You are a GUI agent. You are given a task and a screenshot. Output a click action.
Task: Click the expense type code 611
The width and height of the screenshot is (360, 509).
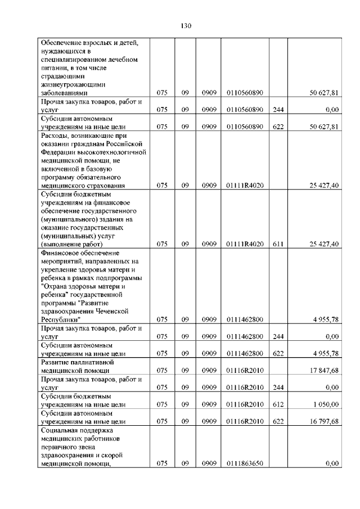(x=278, y=244)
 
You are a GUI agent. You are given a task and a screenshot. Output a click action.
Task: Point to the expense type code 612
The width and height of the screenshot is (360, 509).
(x=278, y=404)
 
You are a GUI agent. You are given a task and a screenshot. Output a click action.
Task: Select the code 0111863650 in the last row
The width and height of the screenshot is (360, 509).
(x=245, y=463)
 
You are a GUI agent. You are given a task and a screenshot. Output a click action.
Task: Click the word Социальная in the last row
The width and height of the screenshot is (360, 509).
(x=60, y=430)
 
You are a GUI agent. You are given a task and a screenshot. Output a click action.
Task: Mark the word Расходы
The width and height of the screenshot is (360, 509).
(x=56, y=136)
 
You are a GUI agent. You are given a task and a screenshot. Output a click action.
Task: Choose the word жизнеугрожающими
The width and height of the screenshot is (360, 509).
(x=73, y=83)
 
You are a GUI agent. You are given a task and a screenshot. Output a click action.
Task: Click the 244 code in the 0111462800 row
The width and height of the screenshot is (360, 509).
(x=278, y=336)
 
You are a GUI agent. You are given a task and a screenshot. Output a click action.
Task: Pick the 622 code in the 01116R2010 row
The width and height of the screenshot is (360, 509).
(x=278, y=421)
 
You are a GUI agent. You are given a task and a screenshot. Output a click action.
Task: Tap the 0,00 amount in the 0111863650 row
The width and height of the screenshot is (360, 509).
(x=332, y=463)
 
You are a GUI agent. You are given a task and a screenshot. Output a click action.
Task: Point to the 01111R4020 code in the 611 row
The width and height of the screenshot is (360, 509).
(x=245, y=244)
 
